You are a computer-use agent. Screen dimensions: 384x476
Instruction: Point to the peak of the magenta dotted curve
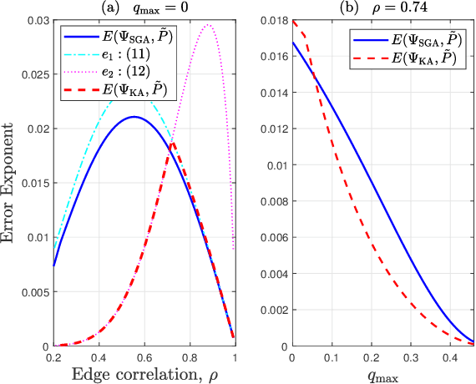coord(208,25)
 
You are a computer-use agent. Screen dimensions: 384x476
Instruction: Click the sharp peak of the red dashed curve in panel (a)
coord(172,143)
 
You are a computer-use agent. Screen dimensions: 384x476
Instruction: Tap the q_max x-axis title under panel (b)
coord(381,374)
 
